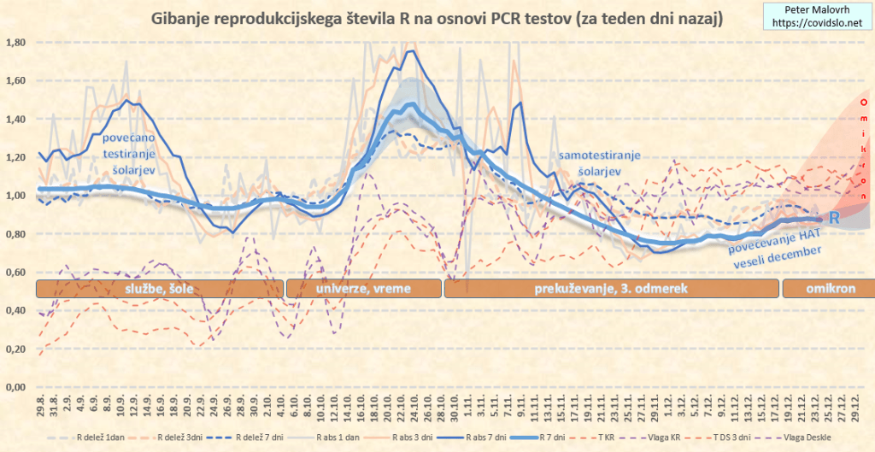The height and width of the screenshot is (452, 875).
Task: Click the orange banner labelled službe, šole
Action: click(159, 288)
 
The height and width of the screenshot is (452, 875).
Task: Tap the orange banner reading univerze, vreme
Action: click(363, 288)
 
